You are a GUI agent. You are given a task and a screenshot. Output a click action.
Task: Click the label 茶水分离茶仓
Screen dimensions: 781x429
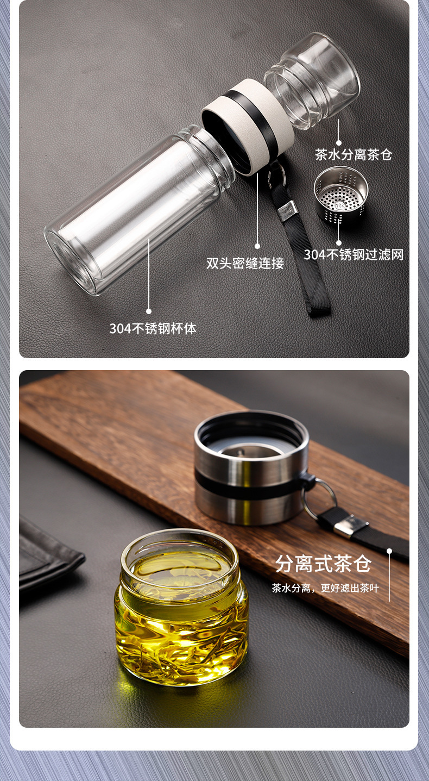(354, 155)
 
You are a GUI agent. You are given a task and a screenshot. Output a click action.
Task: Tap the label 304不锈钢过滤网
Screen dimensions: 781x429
(354, 254)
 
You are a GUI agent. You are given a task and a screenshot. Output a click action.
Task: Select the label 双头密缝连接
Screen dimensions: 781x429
(245, 264)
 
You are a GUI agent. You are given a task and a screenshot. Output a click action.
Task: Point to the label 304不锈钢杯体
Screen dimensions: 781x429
(153, 328)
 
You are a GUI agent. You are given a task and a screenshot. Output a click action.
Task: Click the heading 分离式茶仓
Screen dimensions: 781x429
(323, 564)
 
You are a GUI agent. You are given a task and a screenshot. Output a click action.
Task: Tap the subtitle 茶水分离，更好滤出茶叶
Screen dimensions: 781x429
(325, 588)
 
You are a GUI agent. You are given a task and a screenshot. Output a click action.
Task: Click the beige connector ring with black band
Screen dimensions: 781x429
(248, 125)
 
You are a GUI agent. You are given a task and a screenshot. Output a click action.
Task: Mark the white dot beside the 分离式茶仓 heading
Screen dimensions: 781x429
(389, 551)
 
